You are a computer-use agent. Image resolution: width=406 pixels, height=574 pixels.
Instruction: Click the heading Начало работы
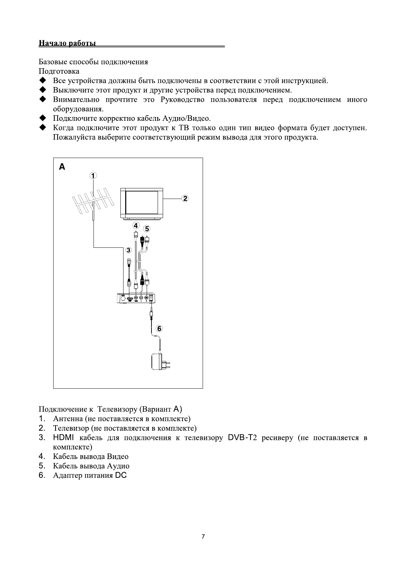pyautogui.click(x=67, y=43)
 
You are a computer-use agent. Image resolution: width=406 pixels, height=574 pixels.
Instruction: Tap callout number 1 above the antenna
pyautogui.click(x=93, y=175)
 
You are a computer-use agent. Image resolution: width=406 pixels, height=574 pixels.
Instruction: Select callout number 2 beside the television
pyautogui.click(x=185, y=198)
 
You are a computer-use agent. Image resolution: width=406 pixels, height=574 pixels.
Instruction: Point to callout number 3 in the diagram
pyautogui.click(x=128, y=250)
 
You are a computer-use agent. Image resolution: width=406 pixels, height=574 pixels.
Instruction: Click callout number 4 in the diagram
pyautogui.click(x=136, y=226)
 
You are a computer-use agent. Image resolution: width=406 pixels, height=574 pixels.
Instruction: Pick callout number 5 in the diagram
pyautogui.click(x=146, y=228)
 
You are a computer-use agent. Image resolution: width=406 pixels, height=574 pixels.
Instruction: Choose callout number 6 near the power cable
pyautogui.click(x=159, y=329)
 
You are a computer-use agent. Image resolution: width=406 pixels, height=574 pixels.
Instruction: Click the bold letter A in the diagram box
pyautogui.click(x=62, y=167)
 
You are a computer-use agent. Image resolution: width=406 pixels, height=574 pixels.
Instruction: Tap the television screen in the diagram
pyautogui.click(x=142, y=202)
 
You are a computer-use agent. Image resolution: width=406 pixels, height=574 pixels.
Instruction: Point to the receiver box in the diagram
pyautogui.click(x=136, y=298)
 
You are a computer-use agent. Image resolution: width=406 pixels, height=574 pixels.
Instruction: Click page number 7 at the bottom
pyautogui.click(x=203, y=537)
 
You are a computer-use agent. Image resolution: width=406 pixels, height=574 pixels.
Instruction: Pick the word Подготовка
pyautogui.click(x=59, y=71)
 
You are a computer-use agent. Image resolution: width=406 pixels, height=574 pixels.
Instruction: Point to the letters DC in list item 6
pyautogui.click(x=121, y=475)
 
